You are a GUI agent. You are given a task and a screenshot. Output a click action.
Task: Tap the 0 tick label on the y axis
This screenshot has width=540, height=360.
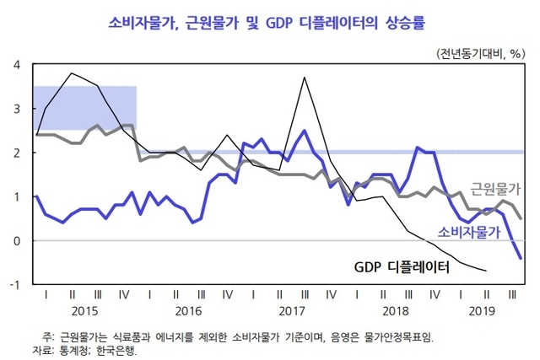point(17,240)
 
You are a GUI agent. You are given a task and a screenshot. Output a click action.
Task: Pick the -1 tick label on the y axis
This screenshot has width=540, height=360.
point(14,284)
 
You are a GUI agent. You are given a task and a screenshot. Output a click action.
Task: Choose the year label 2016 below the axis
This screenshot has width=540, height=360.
point(188,310)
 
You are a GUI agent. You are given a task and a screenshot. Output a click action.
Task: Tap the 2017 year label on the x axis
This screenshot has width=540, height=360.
point(292,310)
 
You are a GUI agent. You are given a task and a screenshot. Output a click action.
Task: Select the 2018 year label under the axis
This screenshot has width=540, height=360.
point(395,310)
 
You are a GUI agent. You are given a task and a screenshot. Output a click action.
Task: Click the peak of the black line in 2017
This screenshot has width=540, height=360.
point(304,78)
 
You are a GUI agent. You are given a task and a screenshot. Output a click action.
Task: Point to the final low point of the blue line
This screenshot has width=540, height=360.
point(520,258)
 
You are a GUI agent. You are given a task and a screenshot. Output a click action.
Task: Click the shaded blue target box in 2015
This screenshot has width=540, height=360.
point(84,108)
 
